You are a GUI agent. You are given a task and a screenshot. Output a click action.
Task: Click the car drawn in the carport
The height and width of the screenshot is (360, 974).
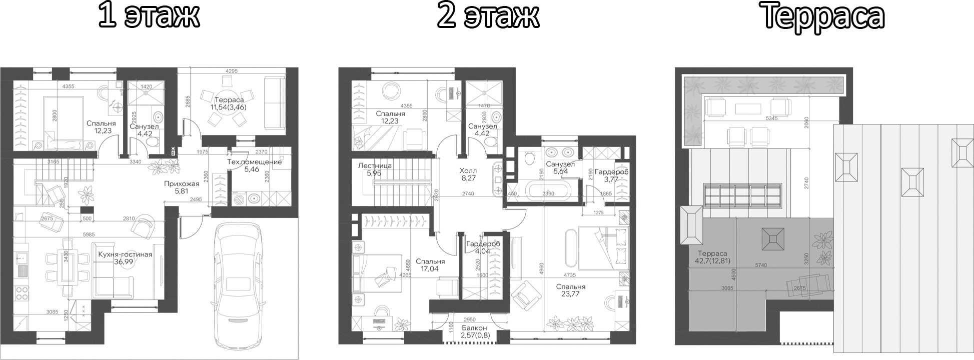[x=238, y=280]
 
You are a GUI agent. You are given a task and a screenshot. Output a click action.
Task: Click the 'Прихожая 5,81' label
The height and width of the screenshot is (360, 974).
[x=182, y=187]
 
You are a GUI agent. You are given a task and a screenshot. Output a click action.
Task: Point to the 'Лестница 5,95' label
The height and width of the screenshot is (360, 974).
[x=375, y=169]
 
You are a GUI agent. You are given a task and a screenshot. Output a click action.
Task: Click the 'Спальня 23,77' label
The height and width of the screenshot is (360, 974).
[x=570, y=290]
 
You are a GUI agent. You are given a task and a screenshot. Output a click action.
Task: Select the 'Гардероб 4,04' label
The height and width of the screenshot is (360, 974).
[x=483, y=247]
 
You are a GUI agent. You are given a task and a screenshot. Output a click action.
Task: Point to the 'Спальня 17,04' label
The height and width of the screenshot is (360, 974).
[x=430, y=265]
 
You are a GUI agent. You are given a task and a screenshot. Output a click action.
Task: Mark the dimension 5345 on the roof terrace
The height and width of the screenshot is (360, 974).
[x=771, y=118]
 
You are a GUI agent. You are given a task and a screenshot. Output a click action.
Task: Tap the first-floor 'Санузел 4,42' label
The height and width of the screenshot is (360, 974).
[x=144, y=130]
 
